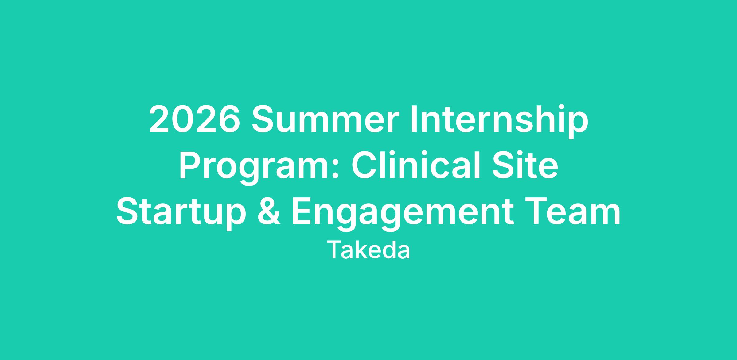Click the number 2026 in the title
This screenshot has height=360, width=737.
[x=194, y=119]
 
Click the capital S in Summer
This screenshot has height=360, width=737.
[x=263, y=119]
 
